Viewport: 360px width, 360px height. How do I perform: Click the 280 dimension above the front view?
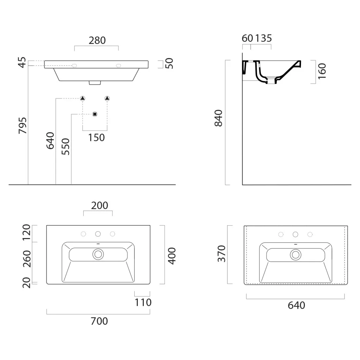pos(97,40)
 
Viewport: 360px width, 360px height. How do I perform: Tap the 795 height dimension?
pos(22,126)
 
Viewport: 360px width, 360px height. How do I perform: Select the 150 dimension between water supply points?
pos(96,137)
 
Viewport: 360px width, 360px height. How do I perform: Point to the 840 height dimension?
pos(218,118)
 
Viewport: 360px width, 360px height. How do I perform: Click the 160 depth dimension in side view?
pos(322,71)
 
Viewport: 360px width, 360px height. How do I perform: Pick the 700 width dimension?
pos(99,321)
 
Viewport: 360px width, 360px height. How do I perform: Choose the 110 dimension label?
pos(143,302)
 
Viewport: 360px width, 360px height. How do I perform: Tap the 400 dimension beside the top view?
pos(172,256)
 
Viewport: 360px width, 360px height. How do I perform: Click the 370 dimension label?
pos(221,253)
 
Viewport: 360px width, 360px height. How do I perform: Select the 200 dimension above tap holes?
pos(99,205)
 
